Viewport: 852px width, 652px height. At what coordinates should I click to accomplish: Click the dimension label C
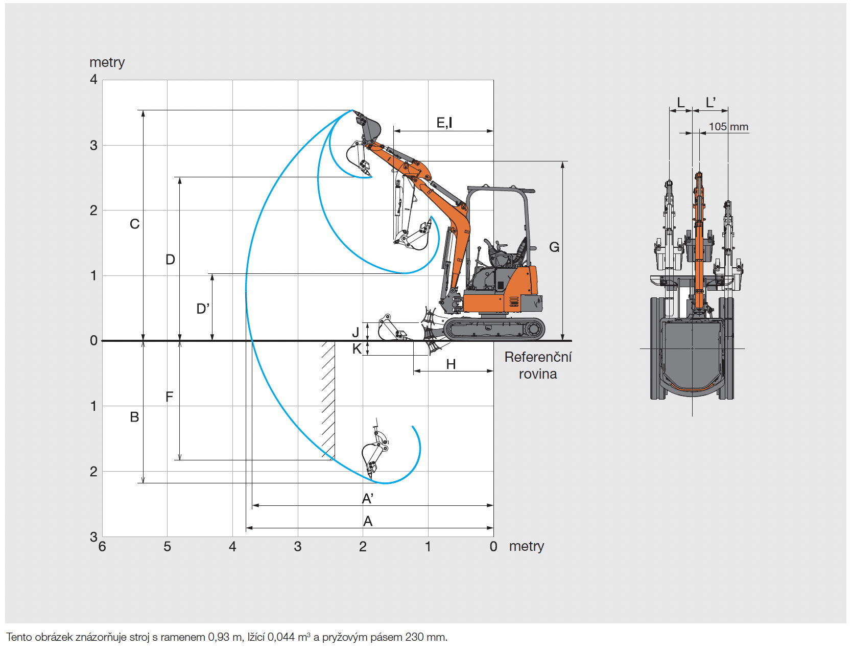[x=134, y=224]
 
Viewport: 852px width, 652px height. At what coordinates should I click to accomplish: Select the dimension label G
[x=554, y=247]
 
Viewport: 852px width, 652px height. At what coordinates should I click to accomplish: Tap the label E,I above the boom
[x=444, y=123]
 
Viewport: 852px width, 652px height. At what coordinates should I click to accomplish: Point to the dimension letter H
[x=451, y=364]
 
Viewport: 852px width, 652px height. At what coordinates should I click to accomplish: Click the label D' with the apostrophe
[x=203, y=309]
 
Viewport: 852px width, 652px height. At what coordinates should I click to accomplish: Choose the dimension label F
[x=170, y=397]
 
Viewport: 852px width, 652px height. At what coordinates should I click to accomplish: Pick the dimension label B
[x=134, y=417]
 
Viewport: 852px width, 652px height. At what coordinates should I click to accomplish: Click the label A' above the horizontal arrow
[x=367, y=498]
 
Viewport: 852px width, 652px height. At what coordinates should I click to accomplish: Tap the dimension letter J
[x=356, y=333]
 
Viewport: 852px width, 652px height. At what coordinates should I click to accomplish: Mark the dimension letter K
[x=357, y=349]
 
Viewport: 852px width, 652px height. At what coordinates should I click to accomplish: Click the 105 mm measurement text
[x=728, y=127]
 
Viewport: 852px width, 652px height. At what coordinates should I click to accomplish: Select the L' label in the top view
[x=711, y=103]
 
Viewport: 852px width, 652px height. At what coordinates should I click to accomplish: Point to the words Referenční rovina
[x=538, y=365]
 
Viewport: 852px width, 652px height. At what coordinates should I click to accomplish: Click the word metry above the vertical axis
[x=107, y=62]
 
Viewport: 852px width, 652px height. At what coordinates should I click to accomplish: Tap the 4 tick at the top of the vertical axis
[x=93, y=79]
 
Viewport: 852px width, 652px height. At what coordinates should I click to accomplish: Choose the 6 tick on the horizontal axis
[x=102, y=547]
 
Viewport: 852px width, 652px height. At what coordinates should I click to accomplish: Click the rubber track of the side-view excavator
[x=494, y=330]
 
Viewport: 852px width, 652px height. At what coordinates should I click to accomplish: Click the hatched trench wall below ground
[x=328, y=399]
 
